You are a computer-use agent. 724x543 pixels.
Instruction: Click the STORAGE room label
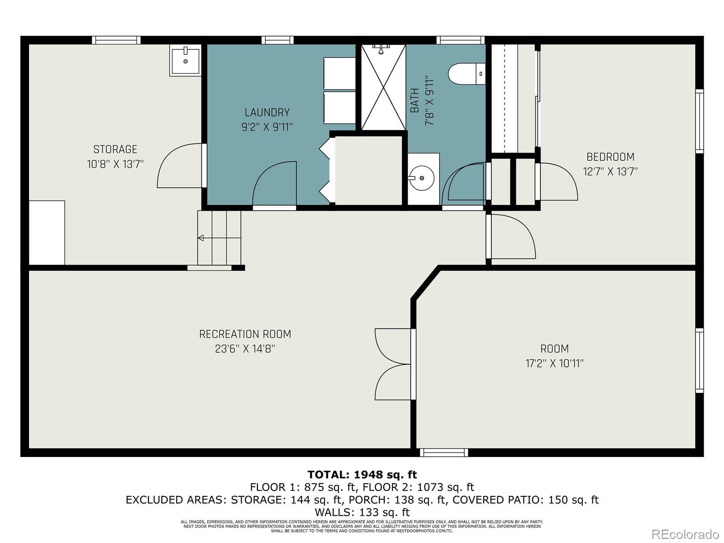click(x=115, y=149)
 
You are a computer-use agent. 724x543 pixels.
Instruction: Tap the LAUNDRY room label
click(x=267, y=112)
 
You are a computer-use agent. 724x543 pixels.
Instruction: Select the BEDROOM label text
click(x=610, y=157)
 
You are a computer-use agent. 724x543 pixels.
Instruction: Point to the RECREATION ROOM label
click(x=245, y=334)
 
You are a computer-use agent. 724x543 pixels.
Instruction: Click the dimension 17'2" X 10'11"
click(x=554, y=363)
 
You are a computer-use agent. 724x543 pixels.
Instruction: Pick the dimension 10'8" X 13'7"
click(x=115, y=164)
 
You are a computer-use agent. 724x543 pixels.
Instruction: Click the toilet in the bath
click(x=467, y=73)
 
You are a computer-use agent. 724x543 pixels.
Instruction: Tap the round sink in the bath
click(x=422, y=178)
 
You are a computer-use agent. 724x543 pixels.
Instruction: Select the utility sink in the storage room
click(x=186, y=61)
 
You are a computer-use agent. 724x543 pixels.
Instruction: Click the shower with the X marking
click(x=384, y=87)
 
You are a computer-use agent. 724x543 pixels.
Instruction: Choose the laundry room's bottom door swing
click(x=274, y=185)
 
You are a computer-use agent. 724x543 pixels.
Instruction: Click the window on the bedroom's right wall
click(x=700, y=121)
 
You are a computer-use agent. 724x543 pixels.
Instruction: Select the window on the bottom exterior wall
click(x=444, y=452)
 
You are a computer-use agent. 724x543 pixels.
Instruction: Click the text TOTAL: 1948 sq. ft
click(x=362, y=474)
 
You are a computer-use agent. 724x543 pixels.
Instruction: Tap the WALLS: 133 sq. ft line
click(x=362, y=512)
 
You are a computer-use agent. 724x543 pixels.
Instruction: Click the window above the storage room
click(x=116, y=40)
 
